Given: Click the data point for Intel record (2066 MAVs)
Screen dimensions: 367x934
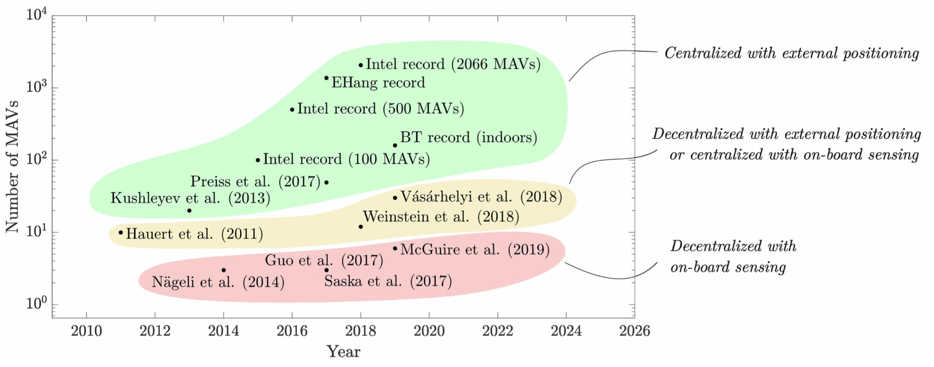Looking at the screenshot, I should point(361,65).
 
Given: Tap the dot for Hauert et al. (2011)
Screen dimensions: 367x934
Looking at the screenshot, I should point(121,232).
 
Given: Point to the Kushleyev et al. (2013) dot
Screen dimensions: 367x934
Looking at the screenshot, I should point(189,211).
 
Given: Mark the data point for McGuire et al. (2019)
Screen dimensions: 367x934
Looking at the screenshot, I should point(395,248).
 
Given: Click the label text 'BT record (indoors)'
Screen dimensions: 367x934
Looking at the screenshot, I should point(469,137).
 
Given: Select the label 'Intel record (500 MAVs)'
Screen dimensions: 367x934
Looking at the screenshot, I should point(380,109).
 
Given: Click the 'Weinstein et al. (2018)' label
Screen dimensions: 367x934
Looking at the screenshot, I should point(441,217).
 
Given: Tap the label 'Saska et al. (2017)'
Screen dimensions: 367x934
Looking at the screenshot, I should point(388,281).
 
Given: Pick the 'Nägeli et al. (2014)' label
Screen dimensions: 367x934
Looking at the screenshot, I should point(218,282).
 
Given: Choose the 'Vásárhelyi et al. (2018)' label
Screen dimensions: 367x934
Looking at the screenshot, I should point(481,197).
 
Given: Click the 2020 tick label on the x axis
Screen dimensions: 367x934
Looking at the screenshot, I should point(429,331).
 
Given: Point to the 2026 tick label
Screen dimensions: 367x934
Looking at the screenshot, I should point(635,331).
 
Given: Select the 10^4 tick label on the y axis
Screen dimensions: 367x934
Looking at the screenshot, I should point(36,15).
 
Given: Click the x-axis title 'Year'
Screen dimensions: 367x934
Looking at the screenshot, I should point(343,352).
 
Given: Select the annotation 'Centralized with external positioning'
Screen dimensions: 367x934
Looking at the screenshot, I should point(792,53).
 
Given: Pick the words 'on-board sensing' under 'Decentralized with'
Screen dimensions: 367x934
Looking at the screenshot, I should point(728,268).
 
